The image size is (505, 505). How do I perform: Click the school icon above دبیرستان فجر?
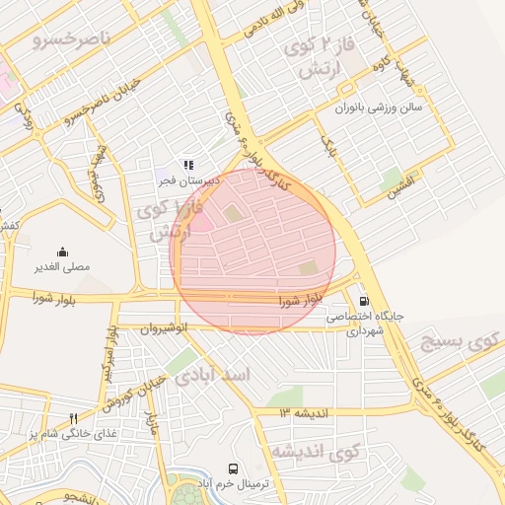pyautogui.click(x=188, y=166)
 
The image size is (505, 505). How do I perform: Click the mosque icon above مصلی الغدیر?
pyautogui.click(x=64, y=252)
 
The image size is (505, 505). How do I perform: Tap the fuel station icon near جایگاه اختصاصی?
pyautogui.click(x=366, y=302)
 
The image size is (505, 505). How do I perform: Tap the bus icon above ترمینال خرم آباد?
pyautogui.click(x=233, y=469)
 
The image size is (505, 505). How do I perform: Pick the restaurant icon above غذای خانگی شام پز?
pyautogui.click(x=73, y=418)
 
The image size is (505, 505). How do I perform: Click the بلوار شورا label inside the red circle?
pyautogui.click(x=302, y=299)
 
